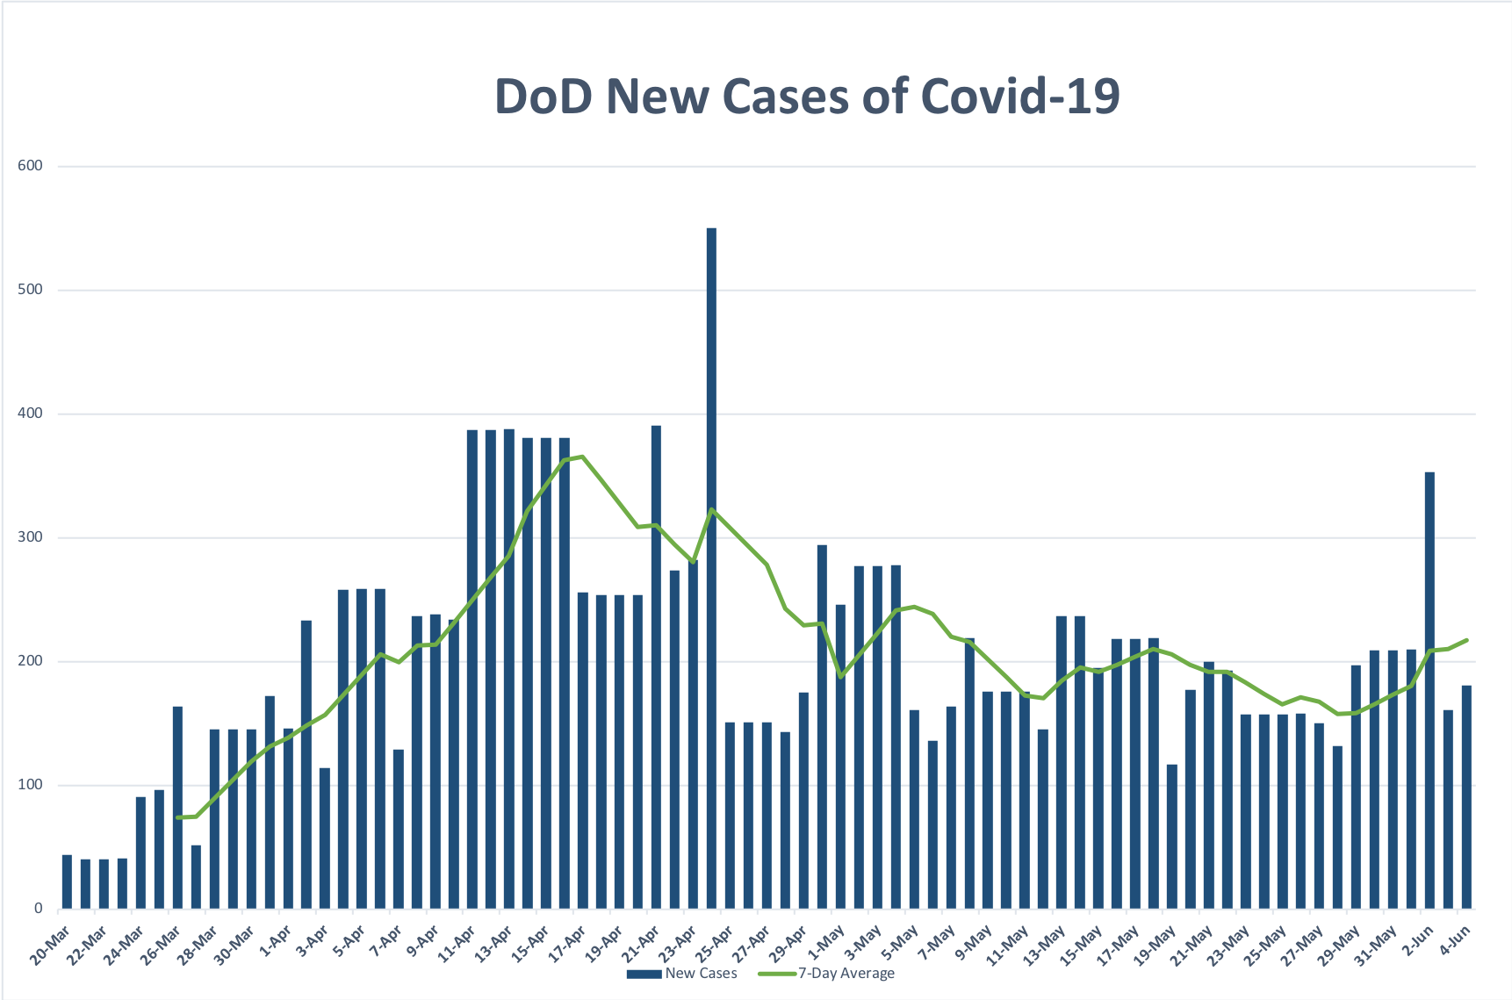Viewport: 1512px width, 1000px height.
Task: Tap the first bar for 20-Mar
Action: (x=67, y=881)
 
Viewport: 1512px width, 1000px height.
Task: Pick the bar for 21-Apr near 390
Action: (x=656, y=667)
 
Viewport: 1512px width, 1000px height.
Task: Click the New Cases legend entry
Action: (x=682, y=973)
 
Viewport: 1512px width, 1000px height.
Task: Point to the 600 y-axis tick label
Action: (x=30, y=166)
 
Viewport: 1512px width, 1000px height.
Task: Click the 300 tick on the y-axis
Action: (x=30, y=537)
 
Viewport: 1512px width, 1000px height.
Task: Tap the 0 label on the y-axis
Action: (x=38, y=909)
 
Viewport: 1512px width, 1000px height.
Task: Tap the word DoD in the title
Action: (x=544, y=96)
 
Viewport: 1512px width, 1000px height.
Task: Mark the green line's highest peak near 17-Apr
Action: (x=582, y=457)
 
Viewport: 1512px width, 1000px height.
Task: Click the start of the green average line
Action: (x=178, y=817)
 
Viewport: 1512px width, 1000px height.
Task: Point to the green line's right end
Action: (x=1466, y=640)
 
